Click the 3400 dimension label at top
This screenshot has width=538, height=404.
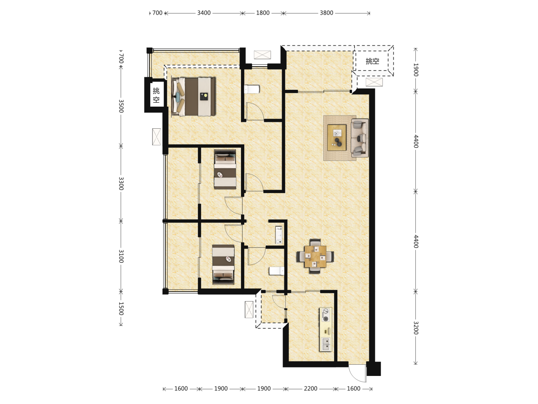coord(204,13)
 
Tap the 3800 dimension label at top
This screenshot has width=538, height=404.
coord(327,13)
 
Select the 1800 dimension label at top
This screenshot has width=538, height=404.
coord(263,13)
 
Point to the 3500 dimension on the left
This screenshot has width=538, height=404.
coord(121,106)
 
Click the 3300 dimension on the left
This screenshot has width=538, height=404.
coord(121,183)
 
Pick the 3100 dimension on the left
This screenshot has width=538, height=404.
coord(121,256)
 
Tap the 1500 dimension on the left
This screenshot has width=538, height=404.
coord(121,308)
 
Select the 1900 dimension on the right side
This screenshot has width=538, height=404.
coord(416,70)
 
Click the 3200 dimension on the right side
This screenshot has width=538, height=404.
coord(416,328)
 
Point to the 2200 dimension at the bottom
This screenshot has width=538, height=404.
coord(310,389)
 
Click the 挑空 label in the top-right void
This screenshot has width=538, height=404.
coord(372,61)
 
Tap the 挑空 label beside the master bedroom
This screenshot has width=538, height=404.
coord(156,95)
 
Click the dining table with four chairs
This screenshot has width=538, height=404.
coord(315,256)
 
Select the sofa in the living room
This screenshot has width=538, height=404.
coord(360,138)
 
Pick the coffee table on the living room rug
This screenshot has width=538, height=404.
coord(337,138)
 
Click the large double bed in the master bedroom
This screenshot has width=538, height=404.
coord(194,97)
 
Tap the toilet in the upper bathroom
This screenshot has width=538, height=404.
coord(252,89)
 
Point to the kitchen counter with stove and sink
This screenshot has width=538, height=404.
coord(325,330)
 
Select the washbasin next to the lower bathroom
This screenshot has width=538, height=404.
coord(279,235)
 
